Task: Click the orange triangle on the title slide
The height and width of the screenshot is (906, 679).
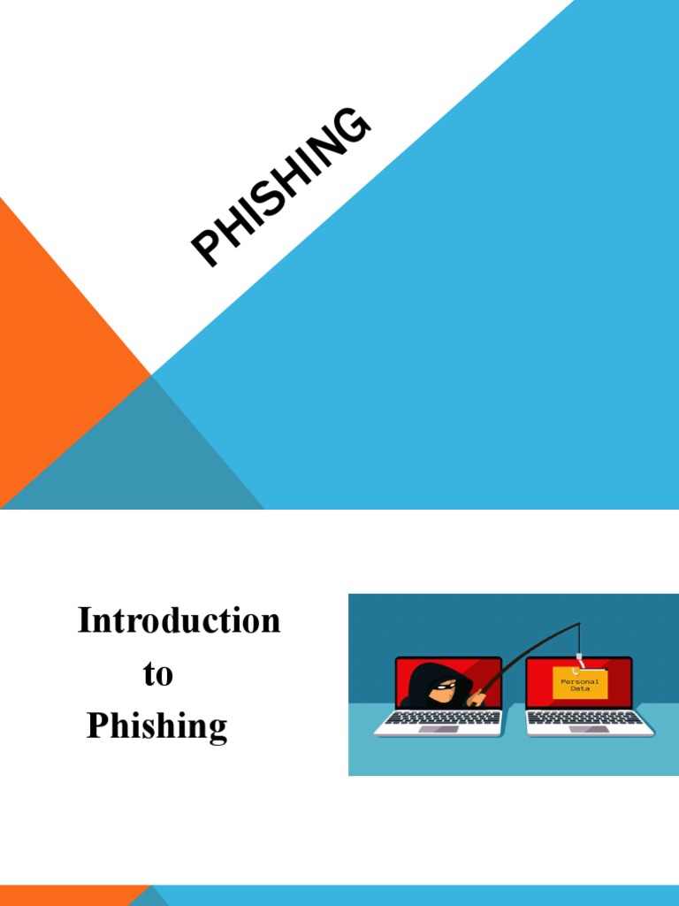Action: [x=53, y=372]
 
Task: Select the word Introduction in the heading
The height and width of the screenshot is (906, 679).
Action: [x=179, y=620]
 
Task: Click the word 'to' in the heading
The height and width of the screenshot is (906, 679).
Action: [x=157, y=674]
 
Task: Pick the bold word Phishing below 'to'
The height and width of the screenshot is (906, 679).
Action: [x=157, y=726]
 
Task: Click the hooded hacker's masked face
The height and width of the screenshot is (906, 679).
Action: [x=443, y=687]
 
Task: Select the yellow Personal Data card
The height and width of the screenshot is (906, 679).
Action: [x=580, y=684]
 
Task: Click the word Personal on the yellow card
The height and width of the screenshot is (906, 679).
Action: [x=580, y=681]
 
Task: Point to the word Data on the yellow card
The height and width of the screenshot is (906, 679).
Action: [x=580, y=689]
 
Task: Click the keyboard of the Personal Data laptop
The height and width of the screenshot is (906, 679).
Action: [x=590, y=718]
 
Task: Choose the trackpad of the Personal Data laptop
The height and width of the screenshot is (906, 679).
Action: [x=590, y=729]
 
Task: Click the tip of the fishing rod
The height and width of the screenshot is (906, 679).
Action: [x=579, y=624]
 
